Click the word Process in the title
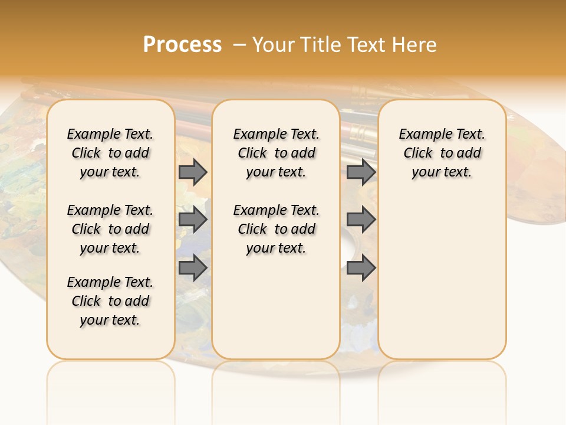(x=182, y=45)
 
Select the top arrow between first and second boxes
(x=193, y=172)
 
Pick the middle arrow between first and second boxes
(x=193, y=220)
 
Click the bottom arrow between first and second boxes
(x=193, y=267)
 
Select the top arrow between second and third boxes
(x=361, y=172)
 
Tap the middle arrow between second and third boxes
(x=361, y=220)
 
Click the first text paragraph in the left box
(x=110, y=153)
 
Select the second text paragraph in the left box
(x=110, y=229)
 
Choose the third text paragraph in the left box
(x=110, y=301)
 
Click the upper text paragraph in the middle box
(x=276, y=153)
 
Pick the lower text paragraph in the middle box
(x=276, y=229)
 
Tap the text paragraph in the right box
(x=442, y=153)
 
